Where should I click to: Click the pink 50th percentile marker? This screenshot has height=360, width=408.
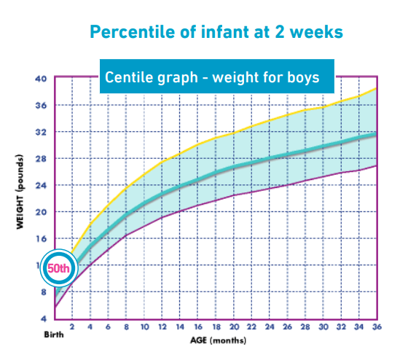(58, 267)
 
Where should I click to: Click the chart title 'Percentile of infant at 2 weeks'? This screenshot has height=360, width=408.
(216, 33)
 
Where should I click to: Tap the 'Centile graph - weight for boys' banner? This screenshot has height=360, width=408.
(216, 77)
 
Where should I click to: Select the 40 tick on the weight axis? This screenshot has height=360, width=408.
(41, 79)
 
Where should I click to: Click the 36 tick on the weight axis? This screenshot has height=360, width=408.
(41, 106)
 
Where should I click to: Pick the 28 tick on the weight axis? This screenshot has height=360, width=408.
(41, 159)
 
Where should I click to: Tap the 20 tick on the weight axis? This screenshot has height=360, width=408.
(41, 212)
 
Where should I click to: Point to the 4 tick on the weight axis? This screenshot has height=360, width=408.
(43, 318)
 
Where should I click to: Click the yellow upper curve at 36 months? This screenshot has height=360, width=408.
(376, 89)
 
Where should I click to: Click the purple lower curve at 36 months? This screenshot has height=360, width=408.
(376, 165)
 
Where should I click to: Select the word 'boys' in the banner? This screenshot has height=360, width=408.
(302, 77)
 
